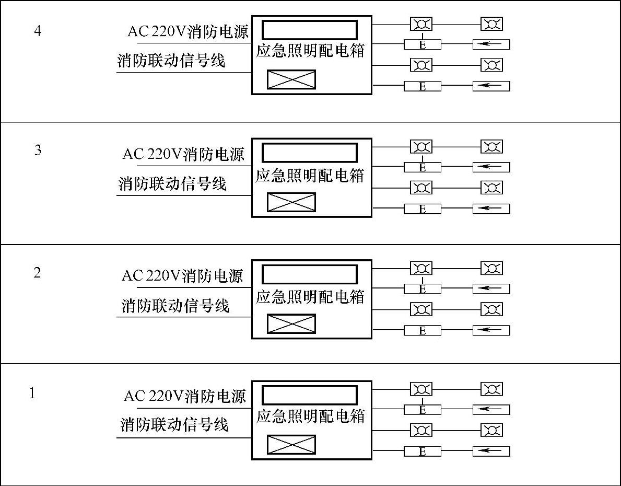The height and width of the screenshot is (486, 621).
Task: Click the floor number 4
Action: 38,31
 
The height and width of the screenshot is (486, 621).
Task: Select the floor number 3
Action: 38,151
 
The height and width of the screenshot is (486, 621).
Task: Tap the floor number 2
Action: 37,273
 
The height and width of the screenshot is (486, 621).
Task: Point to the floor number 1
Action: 33,393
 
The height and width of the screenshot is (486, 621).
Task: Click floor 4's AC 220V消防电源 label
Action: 188,31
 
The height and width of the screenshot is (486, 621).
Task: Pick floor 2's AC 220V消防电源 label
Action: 182,275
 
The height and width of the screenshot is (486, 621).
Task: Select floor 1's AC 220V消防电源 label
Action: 184,396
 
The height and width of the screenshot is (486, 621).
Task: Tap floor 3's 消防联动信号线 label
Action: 172,184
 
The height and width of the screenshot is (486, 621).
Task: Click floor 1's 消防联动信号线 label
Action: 174,424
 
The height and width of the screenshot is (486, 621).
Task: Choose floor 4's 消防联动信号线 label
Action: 171,61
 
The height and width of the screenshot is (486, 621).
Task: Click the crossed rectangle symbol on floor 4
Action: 291,79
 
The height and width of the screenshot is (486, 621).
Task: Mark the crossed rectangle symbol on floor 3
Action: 291,202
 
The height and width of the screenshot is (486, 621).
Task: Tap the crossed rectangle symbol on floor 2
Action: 291,323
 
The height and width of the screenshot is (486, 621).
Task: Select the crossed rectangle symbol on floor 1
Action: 291,445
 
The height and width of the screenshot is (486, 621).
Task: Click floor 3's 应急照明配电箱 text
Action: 310,175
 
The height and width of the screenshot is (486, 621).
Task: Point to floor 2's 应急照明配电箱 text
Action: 310,297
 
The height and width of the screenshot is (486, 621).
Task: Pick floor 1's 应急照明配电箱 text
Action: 310,416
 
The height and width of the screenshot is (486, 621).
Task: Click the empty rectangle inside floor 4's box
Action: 310,30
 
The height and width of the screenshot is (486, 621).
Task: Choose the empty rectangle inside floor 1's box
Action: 310,395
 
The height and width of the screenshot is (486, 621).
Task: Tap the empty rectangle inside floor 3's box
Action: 310,153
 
